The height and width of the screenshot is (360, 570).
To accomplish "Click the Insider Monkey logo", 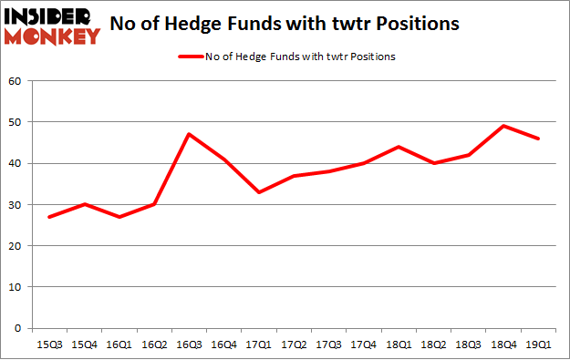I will click(51, 26).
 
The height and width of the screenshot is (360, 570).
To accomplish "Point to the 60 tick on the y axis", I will click(15, 81).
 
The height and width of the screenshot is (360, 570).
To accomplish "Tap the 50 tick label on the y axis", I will click(15, 122).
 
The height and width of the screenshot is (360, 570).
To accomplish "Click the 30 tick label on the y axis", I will click(15, 204).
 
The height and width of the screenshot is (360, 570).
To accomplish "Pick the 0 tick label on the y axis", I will click(18, 328).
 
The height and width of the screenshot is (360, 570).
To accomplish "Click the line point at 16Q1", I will click(119, 217).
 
